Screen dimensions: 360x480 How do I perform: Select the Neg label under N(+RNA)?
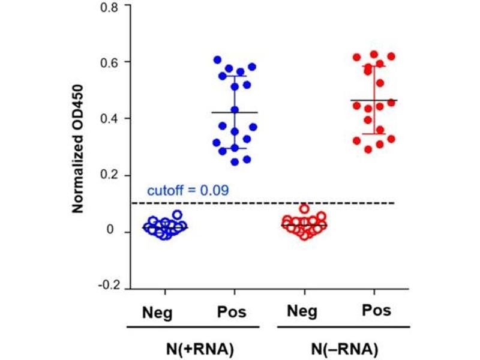click(x=158, y=313)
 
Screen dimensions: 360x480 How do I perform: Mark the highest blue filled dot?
click(x=217, y=59)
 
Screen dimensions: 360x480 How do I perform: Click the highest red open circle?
click(x=305, y=209)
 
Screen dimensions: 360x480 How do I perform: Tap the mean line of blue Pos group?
click(x=234, y=112)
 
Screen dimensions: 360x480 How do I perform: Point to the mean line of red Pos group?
click(x=374, y=100)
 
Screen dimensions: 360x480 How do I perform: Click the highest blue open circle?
click(x=177, y=214)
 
